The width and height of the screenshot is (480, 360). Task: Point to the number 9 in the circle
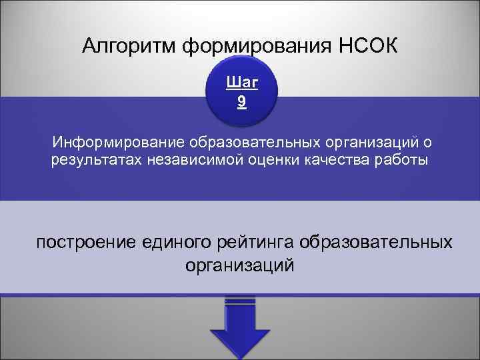click(x=240, y=102)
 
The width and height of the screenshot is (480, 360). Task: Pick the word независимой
click(x=189, y=161)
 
